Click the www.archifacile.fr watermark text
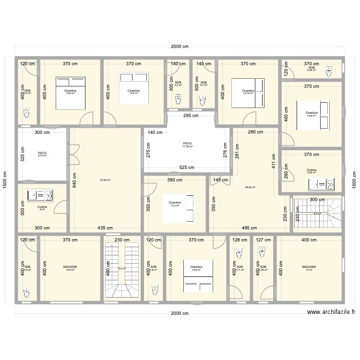pyautogui.click(x=331, y=312)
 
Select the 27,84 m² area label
pyautogui.click(x=105, y=180)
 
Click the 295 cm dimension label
pyautogui.click(x=190, y=116)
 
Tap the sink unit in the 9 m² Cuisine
pyautogui.click(x=40, y=194)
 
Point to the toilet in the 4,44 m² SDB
pyautogui.click(x=329, y=72)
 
